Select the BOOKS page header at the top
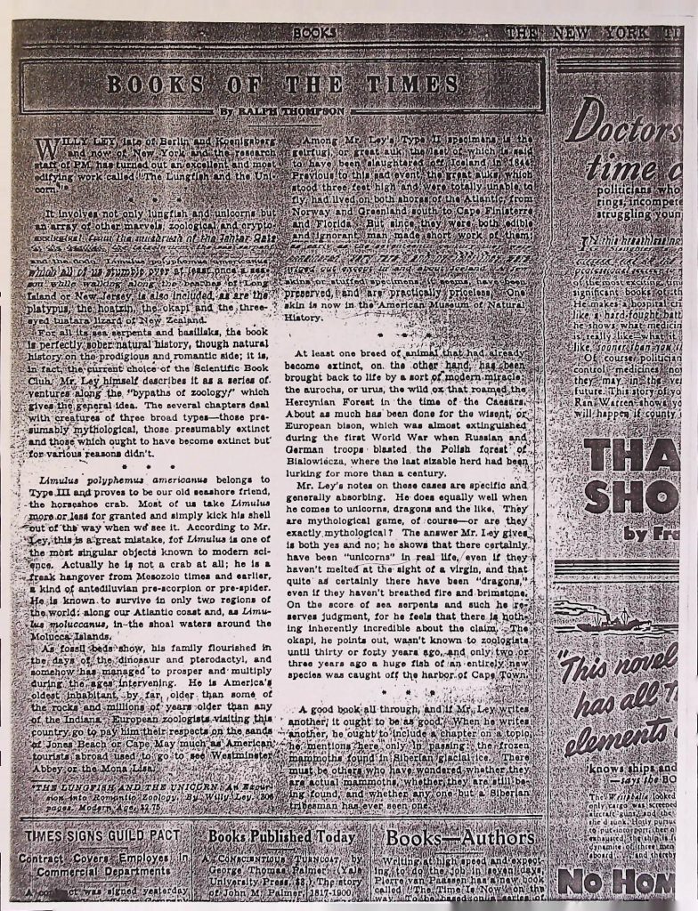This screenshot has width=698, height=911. tap(314, 33)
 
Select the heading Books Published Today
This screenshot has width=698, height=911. tap(281, 837)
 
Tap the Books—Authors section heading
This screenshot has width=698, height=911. tap(460, 838)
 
